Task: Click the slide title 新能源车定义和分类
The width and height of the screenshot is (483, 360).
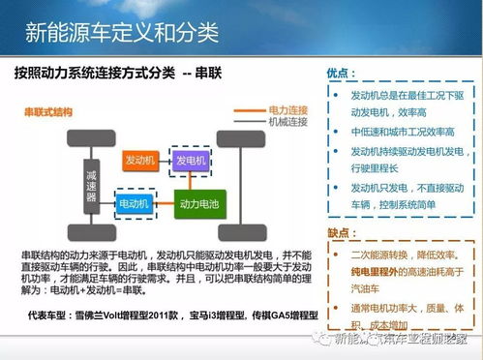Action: tap(120, 34)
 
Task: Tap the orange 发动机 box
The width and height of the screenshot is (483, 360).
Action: tap(139, 159)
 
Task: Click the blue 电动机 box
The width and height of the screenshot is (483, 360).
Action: tap(133, 205)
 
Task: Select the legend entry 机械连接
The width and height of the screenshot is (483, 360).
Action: tap(287, 122)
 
